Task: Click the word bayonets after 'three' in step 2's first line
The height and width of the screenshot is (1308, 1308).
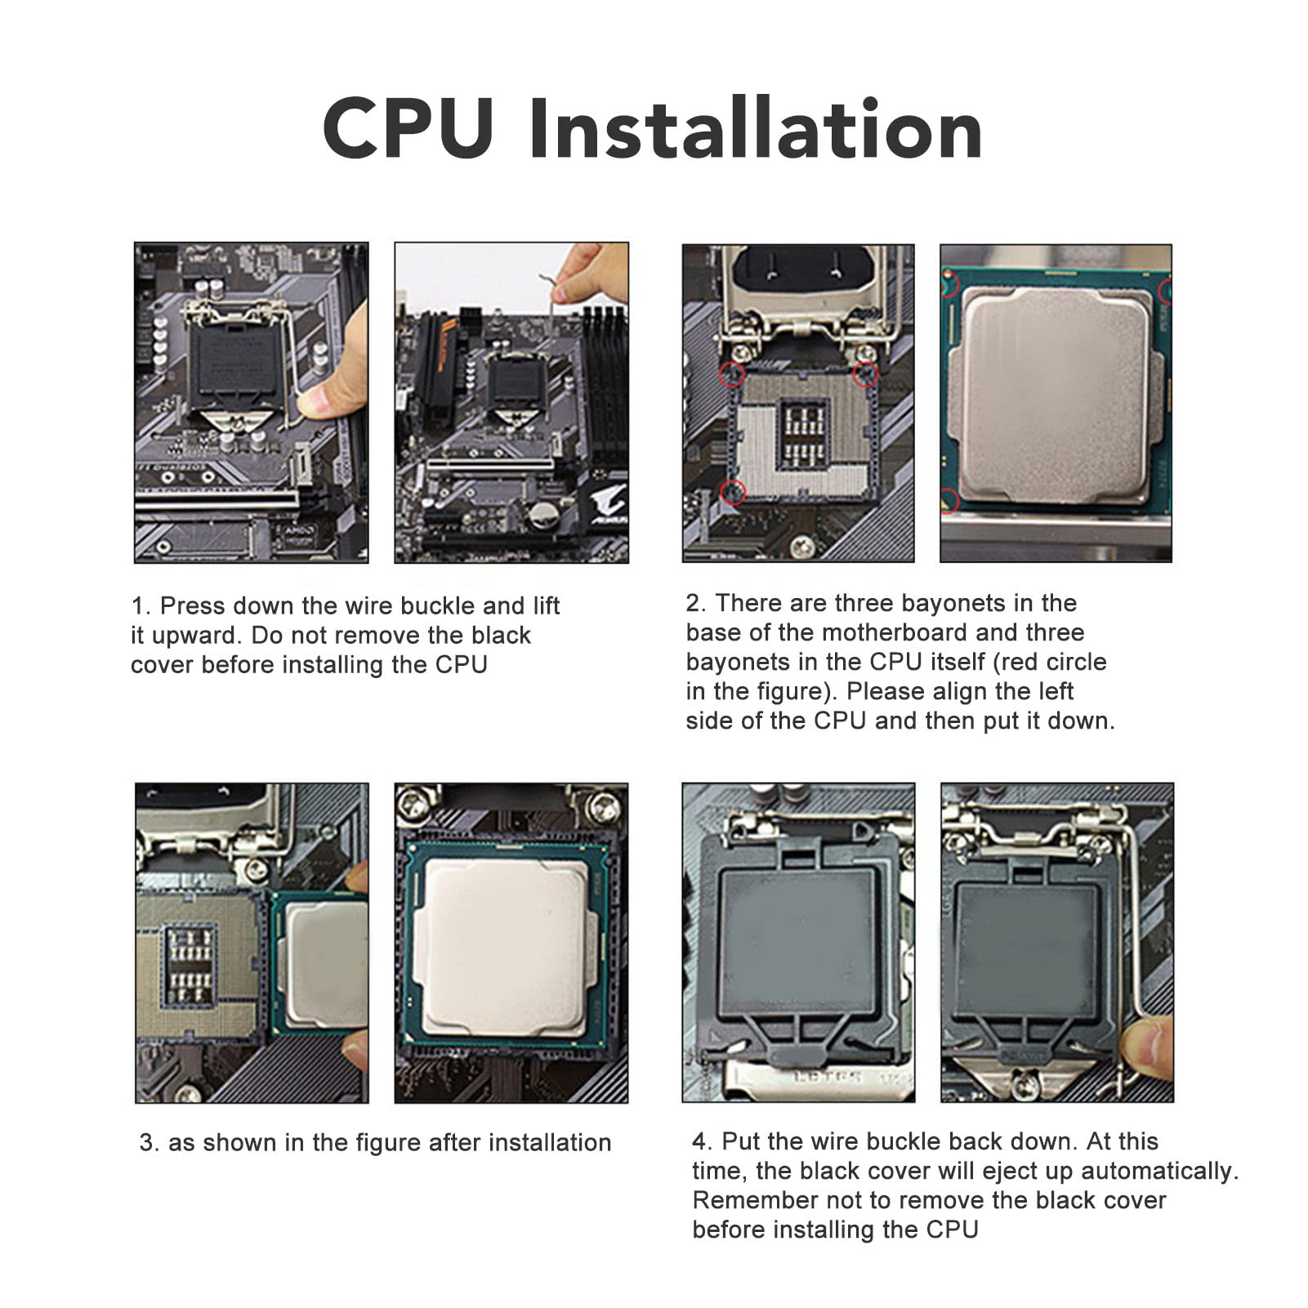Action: point(954,604)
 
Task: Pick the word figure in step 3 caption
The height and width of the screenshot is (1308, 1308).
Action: point(383,1143)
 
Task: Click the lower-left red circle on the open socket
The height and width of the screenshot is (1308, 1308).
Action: point(733,492)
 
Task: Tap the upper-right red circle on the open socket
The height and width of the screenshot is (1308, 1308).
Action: point(865,374)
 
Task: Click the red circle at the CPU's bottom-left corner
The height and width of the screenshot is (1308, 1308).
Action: point(949,499)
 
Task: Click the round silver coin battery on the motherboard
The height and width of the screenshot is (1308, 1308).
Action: point(542,514)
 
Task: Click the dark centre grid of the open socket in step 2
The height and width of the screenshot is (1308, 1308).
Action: point(805,433)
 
